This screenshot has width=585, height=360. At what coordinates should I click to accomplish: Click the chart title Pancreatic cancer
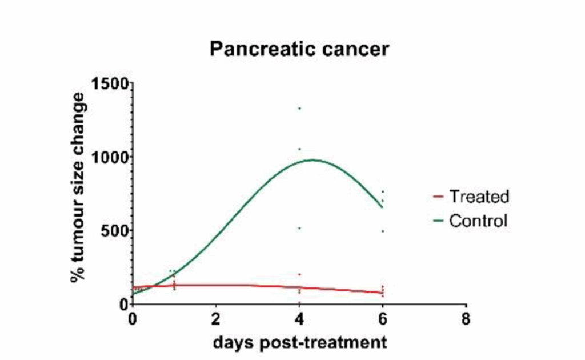[299, 49]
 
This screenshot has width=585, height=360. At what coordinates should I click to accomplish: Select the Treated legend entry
[478, 197]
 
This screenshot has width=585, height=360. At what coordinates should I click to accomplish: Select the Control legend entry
[478, 221]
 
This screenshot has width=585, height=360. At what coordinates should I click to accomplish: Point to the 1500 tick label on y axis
[109, 83]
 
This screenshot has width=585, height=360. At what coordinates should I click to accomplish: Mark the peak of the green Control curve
[312, 160]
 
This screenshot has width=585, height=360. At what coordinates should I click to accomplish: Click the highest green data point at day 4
[299, 109]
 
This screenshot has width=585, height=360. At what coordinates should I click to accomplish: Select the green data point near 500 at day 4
[299, 229]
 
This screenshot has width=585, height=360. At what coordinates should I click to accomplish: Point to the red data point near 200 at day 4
[299, 274]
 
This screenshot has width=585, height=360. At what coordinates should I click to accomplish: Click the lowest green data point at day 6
[383, 231]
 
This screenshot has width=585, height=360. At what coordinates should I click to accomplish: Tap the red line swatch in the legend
[439, 197]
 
